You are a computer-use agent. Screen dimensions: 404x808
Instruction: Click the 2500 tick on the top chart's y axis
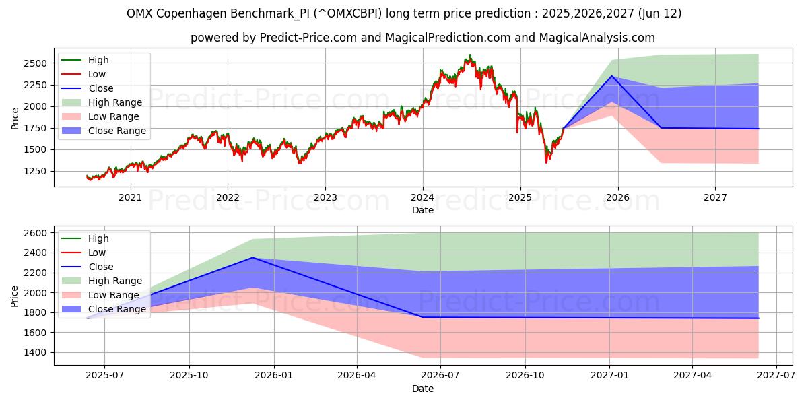[x=38, y=63]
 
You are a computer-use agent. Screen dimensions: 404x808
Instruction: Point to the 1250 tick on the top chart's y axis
[x=38, y=171]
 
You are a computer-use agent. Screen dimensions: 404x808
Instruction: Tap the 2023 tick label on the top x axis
[x=325, y=197]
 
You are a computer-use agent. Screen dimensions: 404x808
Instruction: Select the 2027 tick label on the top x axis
[x=715, y=197]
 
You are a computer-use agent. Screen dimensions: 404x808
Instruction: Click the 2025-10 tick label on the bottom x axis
[x=189, y=375]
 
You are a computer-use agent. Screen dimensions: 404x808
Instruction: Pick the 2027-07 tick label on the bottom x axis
[x=776, y=375]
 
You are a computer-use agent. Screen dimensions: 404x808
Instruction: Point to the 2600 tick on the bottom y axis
[x=38, y=233]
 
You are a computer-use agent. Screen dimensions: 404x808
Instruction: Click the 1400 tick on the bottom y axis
[x=38, y=352]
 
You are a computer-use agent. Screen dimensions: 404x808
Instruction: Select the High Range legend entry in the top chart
[x=115, y=102]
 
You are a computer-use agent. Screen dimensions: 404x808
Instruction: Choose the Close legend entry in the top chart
[x=101, y=88]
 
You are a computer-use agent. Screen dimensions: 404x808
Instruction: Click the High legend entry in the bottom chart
[x=98, y=238]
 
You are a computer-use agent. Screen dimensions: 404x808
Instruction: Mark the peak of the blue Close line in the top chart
[x=612, y=75]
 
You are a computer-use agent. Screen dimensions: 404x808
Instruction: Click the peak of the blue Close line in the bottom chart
[x=252, y=257]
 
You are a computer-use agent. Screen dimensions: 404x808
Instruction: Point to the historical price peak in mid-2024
[x=470, y=55]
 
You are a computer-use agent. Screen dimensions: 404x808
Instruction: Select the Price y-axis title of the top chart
[x=15, y=117]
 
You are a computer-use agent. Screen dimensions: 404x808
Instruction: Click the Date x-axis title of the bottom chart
[x=423, y=389]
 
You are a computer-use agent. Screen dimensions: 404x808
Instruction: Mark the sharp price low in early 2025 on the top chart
[x=546, y=162]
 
